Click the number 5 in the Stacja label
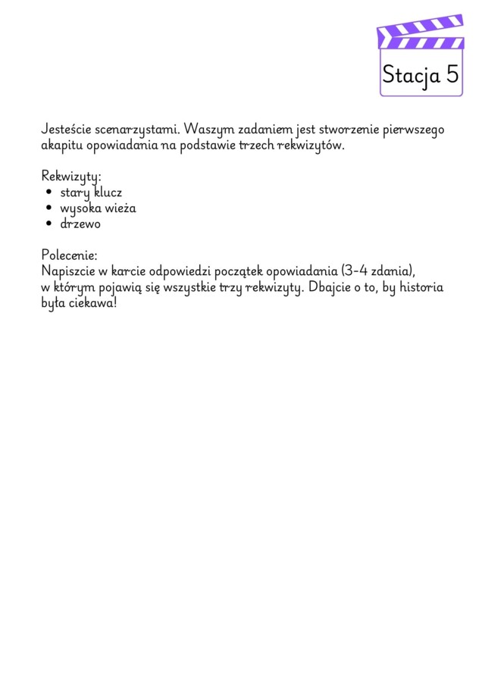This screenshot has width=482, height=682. (452, 75)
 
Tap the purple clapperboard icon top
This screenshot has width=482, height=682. (420, 33)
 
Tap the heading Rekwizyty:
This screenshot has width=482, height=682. (70, 176)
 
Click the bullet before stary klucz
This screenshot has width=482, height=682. (49, 192)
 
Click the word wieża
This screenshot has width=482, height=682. (120, 208)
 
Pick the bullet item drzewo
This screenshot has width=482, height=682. (80, 224)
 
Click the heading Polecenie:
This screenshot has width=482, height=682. (69, 255)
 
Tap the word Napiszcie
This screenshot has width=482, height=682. (67, 271)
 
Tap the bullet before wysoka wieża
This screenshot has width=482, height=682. (49, 208)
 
